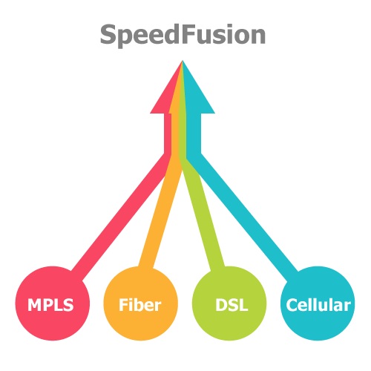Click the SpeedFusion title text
[183, 35]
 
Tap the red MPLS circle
[52, 303]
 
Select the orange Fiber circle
[140, 303]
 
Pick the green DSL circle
[229, 303]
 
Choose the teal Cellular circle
[318, 303]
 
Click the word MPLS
[50, 304]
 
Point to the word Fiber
[140, 304]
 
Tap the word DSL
[232, 304]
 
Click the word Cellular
[318, 304]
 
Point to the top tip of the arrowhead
[183, 60]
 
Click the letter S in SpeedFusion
[108, 34]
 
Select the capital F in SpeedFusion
[188, 34]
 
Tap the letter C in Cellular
[292, 305]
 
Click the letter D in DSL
[221, 305]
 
